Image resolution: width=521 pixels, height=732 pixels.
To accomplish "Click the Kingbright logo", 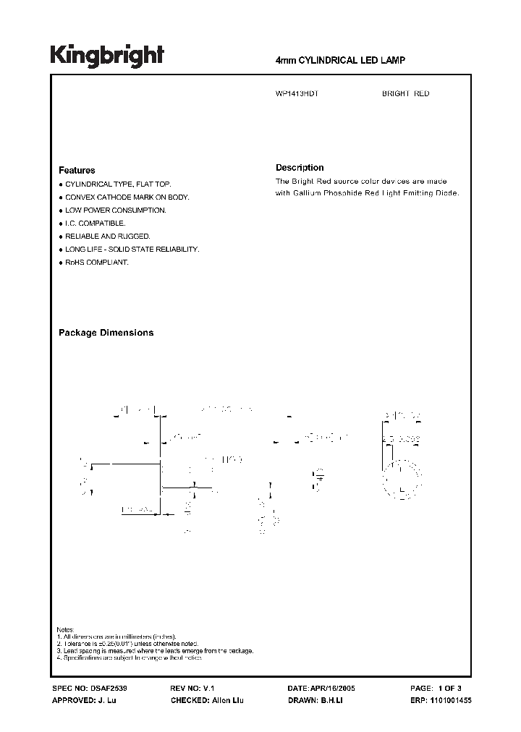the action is [x=107, y=56].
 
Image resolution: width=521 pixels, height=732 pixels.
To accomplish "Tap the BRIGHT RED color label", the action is [x=405, y=93].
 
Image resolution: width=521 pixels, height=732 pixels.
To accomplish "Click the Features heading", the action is [x=77, y=170].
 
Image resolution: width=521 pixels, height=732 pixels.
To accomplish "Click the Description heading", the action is [x=300, y=167].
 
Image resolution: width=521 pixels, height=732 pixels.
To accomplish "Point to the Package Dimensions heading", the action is [x=106, y=333].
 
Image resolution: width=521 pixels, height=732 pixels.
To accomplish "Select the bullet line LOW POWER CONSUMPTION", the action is [x=116, y=210].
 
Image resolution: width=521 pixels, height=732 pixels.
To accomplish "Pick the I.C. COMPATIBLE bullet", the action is [x=95, y=224].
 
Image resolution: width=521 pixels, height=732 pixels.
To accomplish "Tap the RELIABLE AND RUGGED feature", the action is [x=108, y=237].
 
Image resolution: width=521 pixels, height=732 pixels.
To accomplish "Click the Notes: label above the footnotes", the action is [x=65, y=629].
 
